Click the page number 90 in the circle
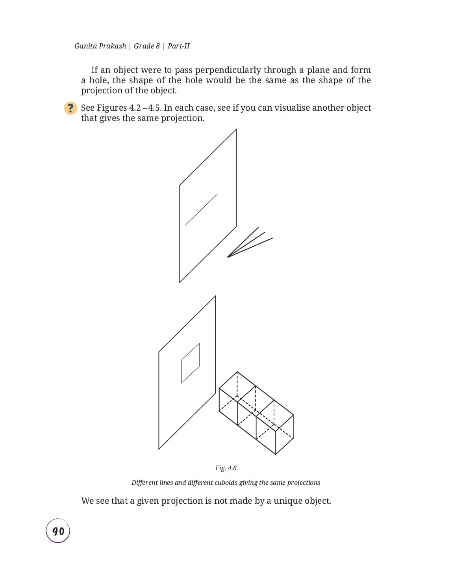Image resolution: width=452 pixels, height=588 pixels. pyautogui.click(x=58, y=531)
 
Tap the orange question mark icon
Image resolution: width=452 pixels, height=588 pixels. pyautogui.click(x=70, y=108)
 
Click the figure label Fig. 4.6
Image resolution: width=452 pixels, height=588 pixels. pyautogui.click(x=226, y=468)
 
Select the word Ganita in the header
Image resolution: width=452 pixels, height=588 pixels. pyautogui.click(x=85, y=46)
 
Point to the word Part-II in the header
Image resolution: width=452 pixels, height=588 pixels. pyautogui.click(x=178, y=46)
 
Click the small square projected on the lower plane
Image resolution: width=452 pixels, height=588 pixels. pyautogui.click(x=191, y=363)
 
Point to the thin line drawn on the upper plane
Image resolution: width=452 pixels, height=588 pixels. pyautogui.click(x=201, y=210)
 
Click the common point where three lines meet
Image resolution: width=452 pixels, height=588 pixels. pyautogui.click(x=228, y=257)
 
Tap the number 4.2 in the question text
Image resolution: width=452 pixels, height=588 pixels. pyautogui.click(x=135, y=108)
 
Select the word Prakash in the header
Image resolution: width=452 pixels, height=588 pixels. pyautogui.click(x=112, y=46)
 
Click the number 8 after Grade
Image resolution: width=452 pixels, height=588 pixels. pyautogui.click(x=157, y=46)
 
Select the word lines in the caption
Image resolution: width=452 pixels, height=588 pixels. pyautogui.click(x=166, y=483)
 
